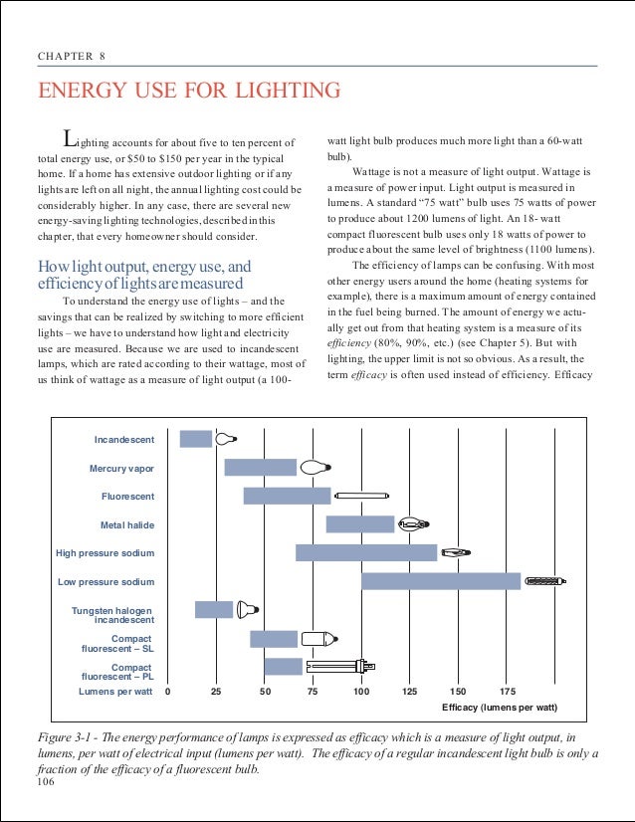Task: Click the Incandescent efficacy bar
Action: (x=196, y=439)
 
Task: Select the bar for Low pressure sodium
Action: (x=440, y=581)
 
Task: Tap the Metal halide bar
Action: (x=360, y=524)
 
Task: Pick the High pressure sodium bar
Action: (x=366, y=552)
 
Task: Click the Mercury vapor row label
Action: (x=121, y=468)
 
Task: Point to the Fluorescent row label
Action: (x=127, y=496)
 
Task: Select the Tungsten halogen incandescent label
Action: (x=111, y=614)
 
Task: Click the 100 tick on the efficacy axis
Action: (x=360, y=691)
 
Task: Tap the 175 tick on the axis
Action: (x=507, y=691)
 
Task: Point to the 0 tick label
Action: (x=167, y=691)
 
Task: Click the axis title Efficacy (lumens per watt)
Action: (x=499, y=707)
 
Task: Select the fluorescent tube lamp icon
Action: (x=361, y=496)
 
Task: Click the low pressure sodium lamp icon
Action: (x=545, y=581)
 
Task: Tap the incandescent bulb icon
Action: (x=226, y=439)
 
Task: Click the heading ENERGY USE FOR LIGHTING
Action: (x=188, y=92)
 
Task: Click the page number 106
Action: (x=43, y=784)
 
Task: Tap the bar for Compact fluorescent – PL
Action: (x=283, y=666)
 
